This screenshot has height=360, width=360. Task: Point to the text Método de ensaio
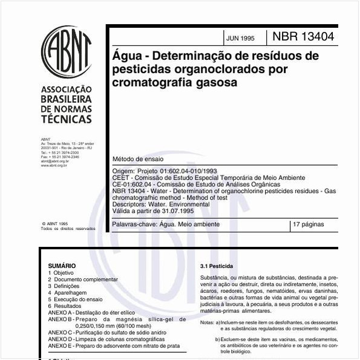click(x=138, y=159)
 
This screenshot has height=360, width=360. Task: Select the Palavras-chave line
click(x=166, y=224)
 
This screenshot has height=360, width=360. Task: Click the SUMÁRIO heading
click(x=62, y=266)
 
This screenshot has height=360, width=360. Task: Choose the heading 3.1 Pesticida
click(x=216, y=266)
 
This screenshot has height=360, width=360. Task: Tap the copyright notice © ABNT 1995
click(x=54, y=223)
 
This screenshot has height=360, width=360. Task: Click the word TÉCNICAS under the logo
click(x=66, y=120)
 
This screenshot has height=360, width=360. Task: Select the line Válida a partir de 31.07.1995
click(x=155, y=212)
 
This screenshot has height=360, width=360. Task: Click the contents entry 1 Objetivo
click(x=62, y=273)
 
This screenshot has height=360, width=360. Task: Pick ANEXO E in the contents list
click(x=60, y=345)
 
